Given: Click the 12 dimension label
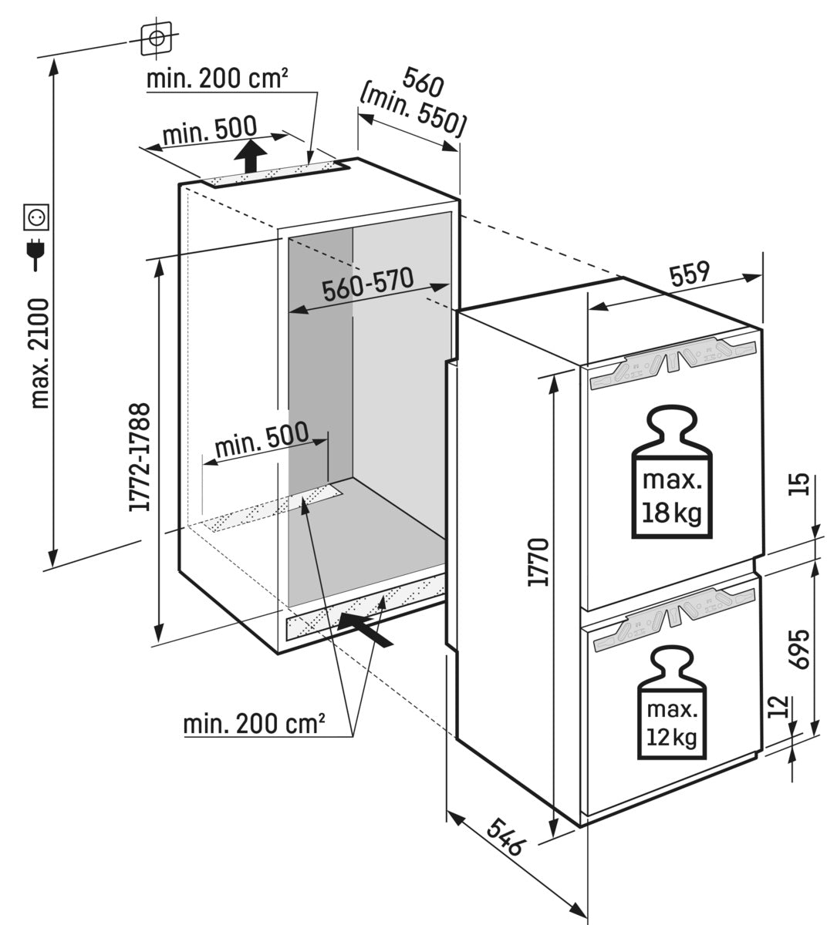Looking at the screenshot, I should click(x=780, y=708).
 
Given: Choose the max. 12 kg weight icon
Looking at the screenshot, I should click(x=670, y=704).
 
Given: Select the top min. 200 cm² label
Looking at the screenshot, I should click(x=218, y=79).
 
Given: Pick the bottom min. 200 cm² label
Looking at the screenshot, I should click(x=254, y=725).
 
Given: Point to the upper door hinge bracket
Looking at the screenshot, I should click(x=670, y=362).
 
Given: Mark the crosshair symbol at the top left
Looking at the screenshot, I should click(x=157, y=37).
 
